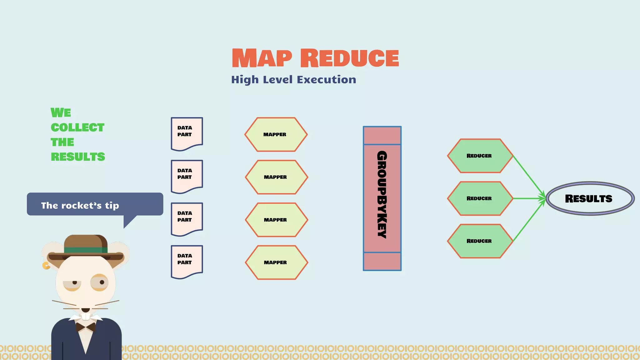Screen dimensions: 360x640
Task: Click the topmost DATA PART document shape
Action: [x=187, y=133]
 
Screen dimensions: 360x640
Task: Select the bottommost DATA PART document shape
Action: [x=187, y=261]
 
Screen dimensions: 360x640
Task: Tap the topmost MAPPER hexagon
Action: [x=276, y=134]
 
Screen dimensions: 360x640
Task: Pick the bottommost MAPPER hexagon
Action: [x=277, y=262]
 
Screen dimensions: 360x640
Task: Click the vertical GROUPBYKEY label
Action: [x=382, y=194]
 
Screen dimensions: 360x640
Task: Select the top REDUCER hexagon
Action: [x=480, y=156]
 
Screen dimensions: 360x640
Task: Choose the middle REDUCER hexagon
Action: [x=480, y=198]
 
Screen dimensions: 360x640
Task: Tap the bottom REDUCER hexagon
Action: [x=480, y=241]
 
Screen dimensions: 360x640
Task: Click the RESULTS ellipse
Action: [x=590, y=198]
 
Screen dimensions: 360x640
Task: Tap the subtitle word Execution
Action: [x=326, y=80]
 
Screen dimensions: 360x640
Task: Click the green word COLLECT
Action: [x=77, y=127]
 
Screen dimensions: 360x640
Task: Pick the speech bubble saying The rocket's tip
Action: [x=95, y=204]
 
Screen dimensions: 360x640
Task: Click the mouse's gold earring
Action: [x=46, y=266]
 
